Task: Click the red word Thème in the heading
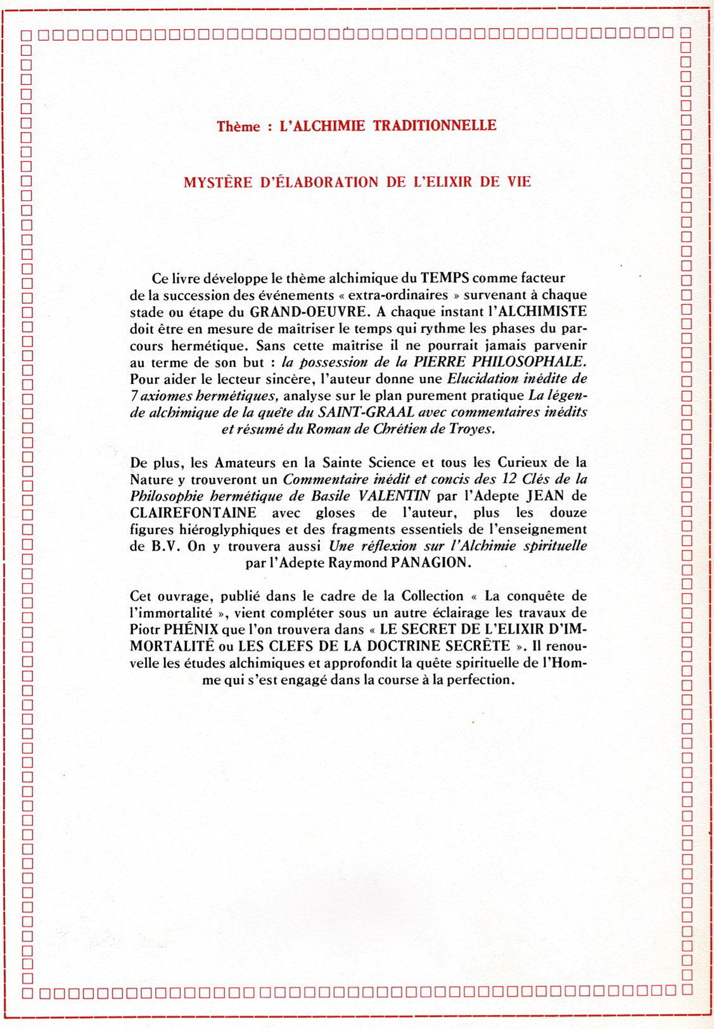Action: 238,127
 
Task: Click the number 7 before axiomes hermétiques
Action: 134,396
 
